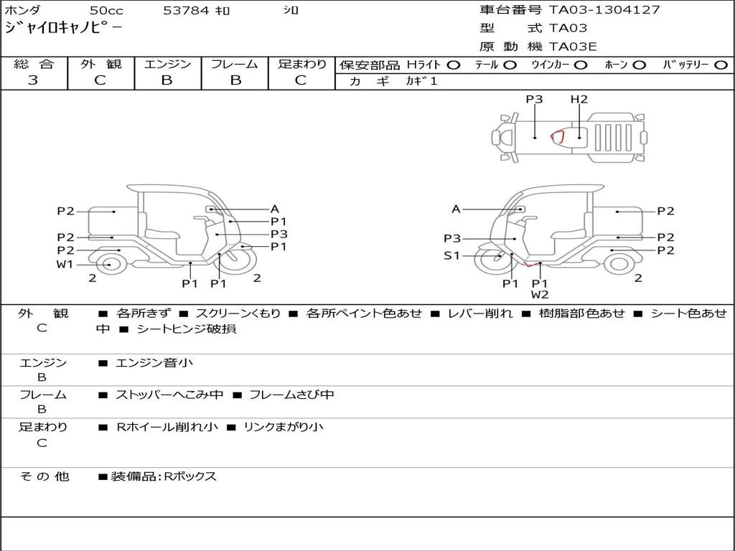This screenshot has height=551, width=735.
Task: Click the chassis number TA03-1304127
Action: tap(604, 10)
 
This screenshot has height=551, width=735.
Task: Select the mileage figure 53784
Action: tap(186, 10)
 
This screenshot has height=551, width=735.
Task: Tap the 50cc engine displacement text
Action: tap(106, 10)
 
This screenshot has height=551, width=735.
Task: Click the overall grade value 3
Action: tap(33, 80)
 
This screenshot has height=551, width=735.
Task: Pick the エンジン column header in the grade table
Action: tap(167, 64)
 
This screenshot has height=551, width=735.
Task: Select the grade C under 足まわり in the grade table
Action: tap(301, 80)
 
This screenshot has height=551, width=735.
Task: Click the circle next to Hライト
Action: tap(454, 65)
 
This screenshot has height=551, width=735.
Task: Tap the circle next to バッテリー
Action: tap(721, 65)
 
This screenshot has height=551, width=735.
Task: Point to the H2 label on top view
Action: tap(579, 99)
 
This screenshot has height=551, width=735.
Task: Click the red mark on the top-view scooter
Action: tap(557, 136)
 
